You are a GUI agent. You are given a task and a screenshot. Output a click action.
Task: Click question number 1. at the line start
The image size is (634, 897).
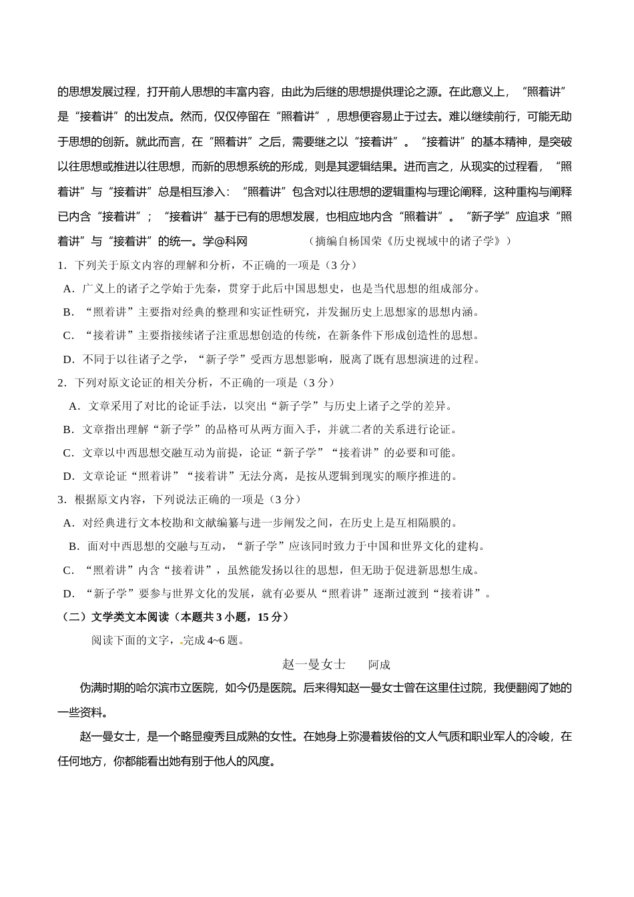coord(61,266)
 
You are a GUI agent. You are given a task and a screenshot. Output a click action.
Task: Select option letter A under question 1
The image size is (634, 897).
coord(67,289)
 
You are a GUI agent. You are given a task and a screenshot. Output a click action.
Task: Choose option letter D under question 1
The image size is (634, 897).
coord(68,360)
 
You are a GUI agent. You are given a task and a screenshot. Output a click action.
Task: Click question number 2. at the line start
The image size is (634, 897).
coord(61,383)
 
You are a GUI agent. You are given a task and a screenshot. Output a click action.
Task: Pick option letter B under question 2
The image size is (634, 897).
coord(67,430)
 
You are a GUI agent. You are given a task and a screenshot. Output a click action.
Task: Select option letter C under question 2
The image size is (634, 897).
coord(67,453)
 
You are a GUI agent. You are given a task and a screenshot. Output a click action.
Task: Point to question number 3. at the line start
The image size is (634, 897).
coord(61,500)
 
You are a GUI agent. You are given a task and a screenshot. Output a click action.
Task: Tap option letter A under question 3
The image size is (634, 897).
coord(67,523)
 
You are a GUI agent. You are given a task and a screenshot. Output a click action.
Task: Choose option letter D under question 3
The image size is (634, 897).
coord(68,594)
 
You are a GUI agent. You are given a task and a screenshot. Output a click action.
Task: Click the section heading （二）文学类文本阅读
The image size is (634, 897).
coord(117,617)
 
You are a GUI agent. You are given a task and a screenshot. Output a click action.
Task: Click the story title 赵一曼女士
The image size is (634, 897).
coord(314,665)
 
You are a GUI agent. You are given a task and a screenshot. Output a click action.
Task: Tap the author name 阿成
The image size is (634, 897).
coord(379,665)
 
